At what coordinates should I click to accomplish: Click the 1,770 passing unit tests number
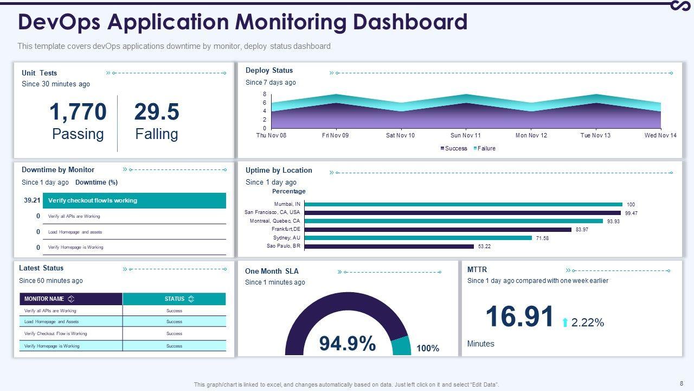click(78, 112)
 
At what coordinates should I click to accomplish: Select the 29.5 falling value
click(156, 112)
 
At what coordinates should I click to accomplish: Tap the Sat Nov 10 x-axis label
click(400, 135)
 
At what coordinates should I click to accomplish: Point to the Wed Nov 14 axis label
click(660, 135)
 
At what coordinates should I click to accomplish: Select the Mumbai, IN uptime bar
click(464, 204)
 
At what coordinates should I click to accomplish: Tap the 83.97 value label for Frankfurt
click(582, 230)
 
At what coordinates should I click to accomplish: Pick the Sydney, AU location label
click(286, 238)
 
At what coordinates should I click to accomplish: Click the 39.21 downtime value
click(32, 200)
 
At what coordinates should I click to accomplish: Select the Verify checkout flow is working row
click(134, 200)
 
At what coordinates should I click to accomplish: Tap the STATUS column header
click(174, 299)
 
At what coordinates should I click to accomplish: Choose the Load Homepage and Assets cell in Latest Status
click(52, 321)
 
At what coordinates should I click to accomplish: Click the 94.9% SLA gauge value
click(347, 343)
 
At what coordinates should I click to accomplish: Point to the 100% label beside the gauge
click(428, 349)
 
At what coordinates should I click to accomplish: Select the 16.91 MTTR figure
click(519, 317)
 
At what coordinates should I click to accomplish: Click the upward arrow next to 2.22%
click(565, 323)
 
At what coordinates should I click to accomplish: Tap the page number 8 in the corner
click(681, 382)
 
